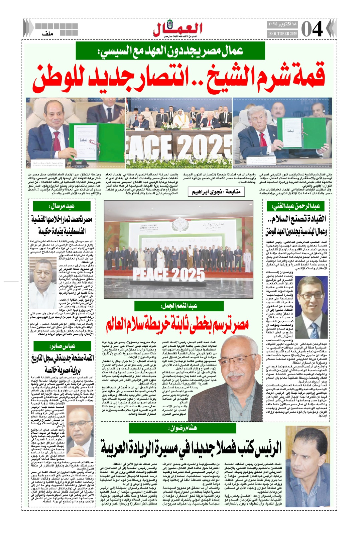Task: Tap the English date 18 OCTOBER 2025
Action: click(x=282, y=34)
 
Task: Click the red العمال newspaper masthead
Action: click(x=178, y=29)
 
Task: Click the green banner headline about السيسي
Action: click(x=170, y=51)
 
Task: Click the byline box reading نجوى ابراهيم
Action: click(x=216, y=192)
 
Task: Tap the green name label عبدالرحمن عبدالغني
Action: click(x=295, y=206)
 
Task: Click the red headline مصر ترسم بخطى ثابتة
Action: click(x=177, y=324)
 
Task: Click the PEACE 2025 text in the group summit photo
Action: click(x=168, y=275)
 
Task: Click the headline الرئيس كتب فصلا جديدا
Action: click(x=191, y=448)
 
